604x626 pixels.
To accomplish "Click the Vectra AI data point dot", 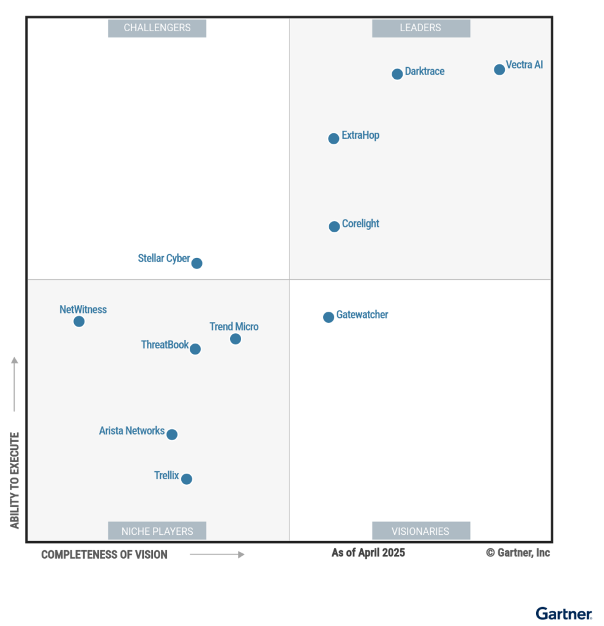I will (x=499, y=69).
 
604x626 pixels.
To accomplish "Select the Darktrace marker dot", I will (x=397, y=74).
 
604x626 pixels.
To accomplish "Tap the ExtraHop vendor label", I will (x=360, y=135).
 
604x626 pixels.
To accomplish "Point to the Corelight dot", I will (x=334, y=227).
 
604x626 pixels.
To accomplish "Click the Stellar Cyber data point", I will (x=196, y=263).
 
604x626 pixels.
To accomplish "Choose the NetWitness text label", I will (x=83, y=309).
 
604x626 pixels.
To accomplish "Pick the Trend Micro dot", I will (x=236, y=339).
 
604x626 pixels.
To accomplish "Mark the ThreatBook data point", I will (x=195, y=349).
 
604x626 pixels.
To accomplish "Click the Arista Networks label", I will (x=132, y=430).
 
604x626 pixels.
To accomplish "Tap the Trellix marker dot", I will (x=187, y=479).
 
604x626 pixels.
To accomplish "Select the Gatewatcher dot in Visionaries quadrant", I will (x=329, y=317).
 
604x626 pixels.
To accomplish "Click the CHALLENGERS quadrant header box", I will (x=157, y=28).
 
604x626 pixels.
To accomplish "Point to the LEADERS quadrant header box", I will (x=421, y=28).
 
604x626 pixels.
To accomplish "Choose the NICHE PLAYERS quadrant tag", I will (x=157, y=531).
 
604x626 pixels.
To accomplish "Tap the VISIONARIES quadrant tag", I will (x=421, y=531).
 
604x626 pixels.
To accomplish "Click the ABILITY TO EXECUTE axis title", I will (x=15, y=480).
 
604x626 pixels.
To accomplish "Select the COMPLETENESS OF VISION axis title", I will (x=104, y=554).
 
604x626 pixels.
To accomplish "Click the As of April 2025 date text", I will (x=368, y=553).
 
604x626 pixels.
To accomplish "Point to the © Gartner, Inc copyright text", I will (x=518, y=553).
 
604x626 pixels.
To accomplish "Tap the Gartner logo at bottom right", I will (x=564, y=613).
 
